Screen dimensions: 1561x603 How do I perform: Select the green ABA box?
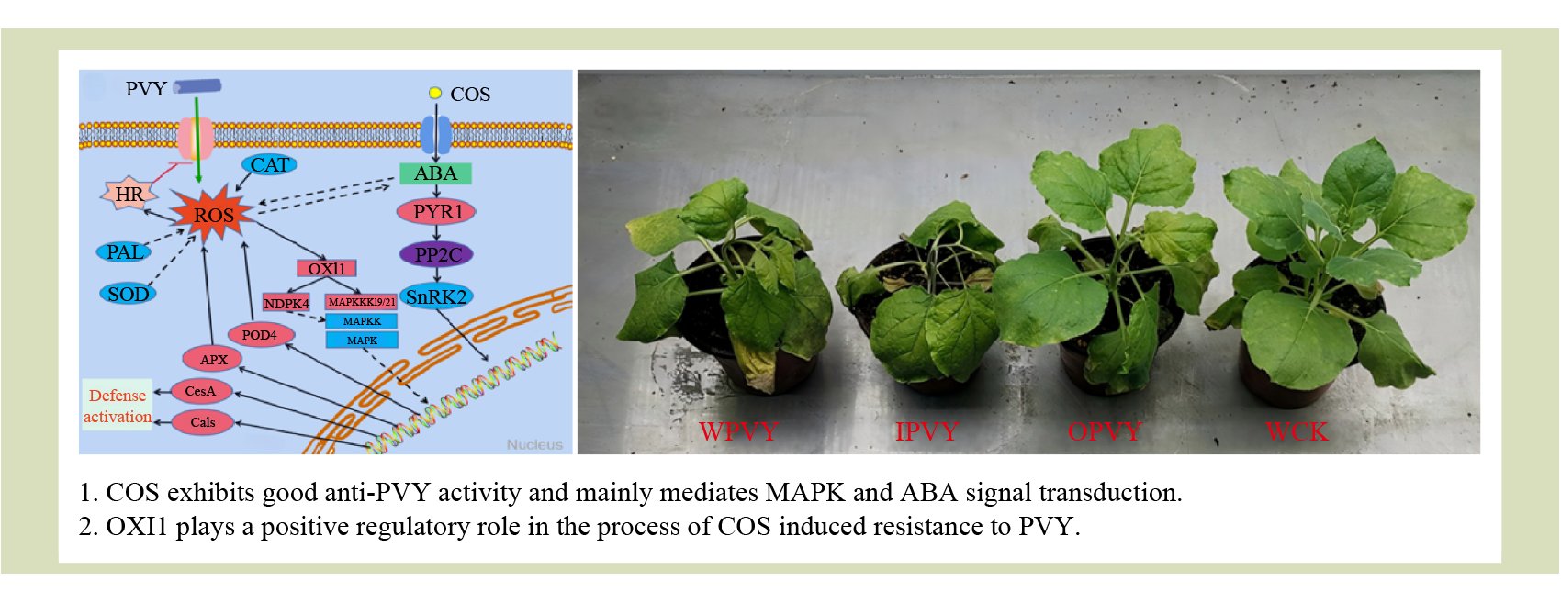click(435, 173)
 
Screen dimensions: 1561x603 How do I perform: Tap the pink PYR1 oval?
click(436, 212)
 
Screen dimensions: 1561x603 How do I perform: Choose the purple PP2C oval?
click(436, 254)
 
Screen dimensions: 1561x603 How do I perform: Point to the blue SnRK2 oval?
click(436, 296)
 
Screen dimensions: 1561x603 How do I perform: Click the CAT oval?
click(270, 164)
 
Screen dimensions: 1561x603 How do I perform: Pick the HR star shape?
click(129, 195)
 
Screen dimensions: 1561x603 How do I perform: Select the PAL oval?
click(124, 252)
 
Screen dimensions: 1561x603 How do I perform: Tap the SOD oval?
click(128, 294)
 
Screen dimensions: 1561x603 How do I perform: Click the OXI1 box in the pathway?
click(327, 268)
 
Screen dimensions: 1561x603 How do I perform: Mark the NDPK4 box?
click(286, 303)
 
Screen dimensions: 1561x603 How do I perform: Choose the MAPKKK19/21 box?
click(362, 302)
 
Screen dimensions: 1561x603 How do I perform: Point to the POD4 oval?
click(259, 335)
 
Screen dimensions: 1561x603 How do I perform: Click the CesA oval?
click(200, 391)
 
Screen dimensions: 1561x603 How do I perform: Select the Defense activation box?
click(118, 406)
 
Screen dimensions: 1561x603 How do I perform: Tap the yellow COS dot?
click(435, 93)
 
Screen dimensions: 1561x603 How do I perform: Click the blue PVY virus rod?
click(197, 86)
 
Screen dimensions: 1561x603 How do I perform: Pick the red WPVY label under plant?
click(738, 431)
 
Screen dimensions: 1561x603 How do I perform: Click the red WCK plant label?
click(1297, 431)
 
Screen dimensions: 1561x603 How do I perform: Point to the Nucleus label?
click(534, 444)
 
